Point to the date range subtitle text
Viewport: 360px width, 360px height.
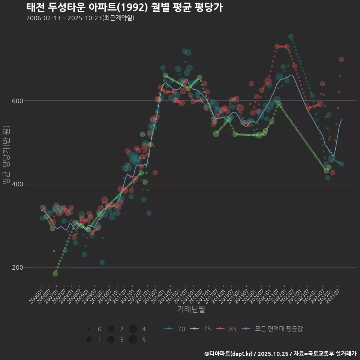click(x=80, y=18)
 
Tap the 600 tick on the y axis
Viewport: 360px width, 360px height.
click(x=16, y=101)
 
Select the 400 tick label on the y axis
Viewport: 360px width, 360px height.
click(x=16, y=184)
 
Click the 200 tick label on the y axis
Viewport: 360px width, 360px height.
click(x=16, y=267)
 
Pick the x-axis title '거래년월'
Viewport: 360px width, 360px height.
click(x=191, y=309)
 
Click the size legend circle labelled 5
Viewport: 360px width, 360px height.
click(x=133, y=340)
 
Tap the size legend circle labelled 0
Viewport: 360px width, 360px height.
click(x=89, y=329)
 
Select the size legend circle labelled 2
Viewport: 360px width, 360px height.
click(x=111, y=329)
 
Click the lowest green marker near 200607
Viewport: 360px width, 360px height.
click(x=55, y=273)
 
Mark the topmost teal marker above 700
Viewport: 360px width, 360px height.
click(x=291, y=37)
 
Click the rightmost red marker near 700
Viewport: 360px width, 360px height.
click(x=341, y=60)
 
